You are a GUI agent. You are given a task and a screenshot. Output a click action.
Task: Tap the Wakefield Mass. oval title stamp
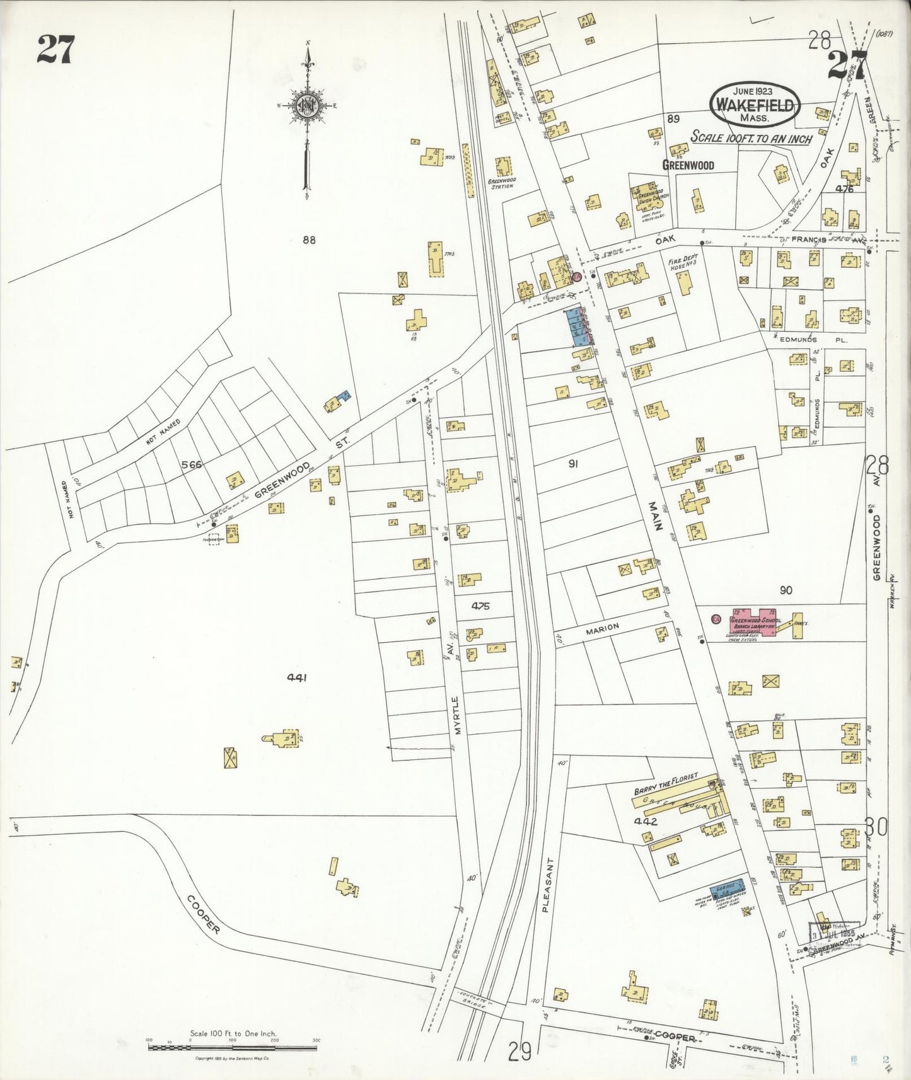point(755,105)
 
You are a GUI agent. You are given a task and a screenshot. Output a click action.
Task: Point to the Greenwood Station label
point(502,183)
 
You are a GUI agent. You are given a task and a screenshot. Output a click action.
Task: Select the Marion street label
point(603,628)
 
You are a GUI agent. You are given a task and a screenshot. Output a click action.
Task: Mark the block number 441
point(296,677)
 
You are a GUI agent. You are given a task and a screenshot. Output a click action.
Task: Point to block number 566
point(191,464)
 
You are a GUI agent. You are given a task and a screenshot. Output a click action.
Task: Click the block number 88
point(308,239)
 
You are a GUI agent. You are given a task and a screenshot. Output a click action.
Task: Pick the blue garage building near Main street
point(729,887)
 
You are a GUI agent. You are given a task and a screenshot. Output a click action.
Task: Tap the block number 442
point(646,821)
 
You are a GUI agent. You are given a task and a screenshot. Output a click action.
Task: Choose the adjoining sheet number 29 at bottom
point(521,1050)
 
